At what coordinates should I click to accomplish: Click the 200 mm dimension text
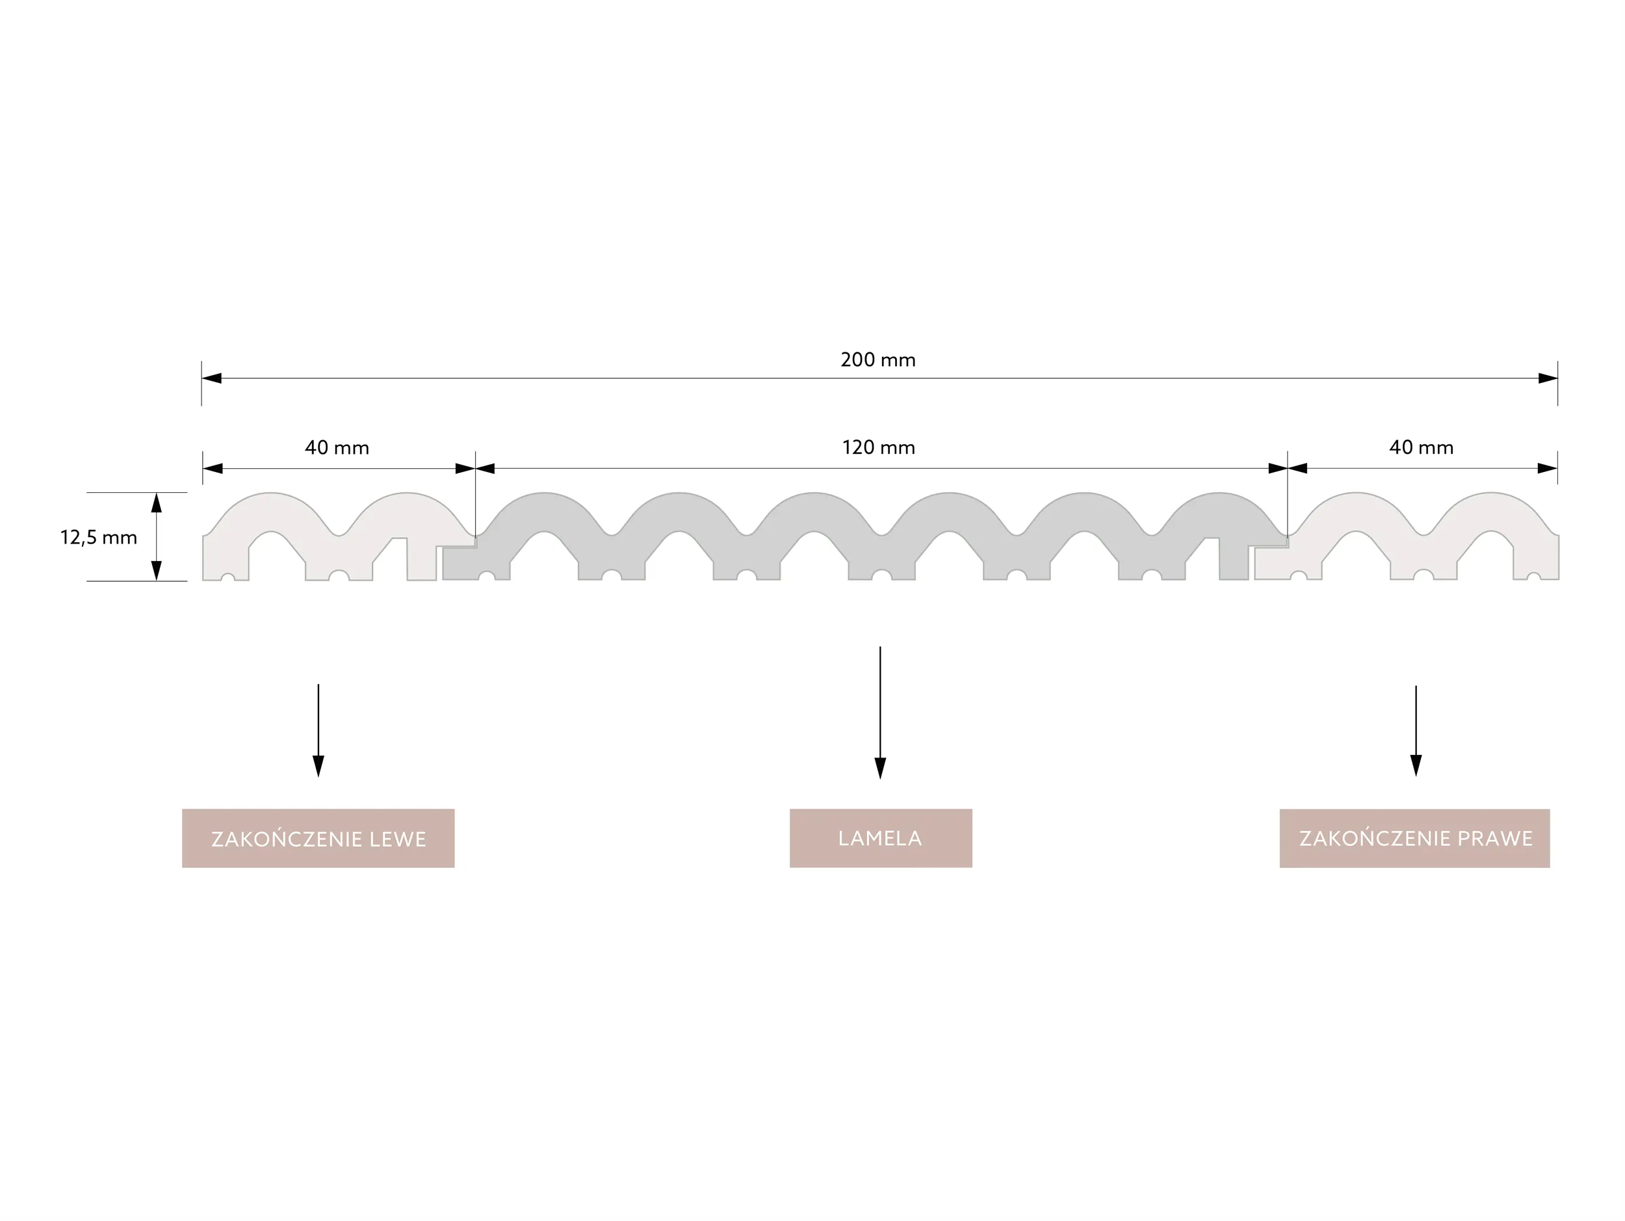[878, 360]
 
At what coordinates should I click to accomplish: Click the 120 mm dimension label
[879, 447]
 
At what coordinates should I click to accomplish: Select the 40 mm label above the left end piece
[337, 447]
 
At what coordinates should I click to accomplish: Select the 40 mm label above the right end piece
[1421, 447]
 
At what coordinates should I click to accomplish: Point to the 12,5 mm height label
[98, 538]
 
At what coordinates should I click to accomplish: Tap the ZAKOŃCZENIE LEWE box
[318, 838]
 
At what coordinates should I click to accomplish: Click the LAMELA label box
[880, 838]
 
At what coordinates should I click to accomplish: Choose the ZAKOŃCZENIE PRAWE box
[1414, 838]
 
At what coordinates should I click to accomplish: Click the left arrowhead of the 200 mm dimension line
[211, 378]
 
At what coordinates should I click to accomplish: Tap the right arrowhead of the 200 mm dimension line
[1547, 378]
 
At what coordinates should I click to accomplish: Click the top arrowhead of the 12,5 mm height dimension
[157, 503]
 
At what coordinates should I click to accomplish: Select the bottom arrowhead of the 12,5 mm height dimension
[157, 570]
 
